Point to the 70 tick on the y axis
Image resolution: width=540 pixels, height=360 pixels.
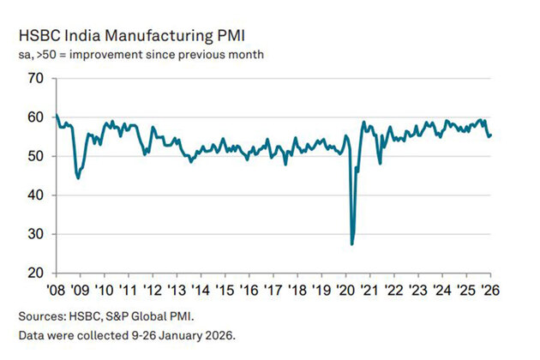point(34,78)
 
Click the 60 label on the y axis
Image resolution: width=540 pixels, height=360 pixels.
point(34,117)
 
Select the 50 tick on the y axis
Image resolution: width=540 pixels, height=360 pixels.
point(34,156)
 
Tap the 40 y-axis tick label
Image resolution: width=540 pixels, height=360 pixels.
point(34,195)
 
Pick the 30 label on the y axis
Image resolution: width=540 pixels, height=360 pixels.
point(34,234)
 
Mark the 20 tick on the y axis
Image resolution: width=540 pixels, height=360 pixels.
point(34,273)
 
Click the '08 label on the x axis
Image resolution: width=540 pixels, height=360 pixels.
point(55,289)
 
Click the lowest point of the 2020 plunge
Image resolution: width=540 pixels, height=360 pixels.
point(352,244)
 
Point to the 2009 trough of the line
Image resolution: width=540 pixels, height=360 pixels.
point(79,178)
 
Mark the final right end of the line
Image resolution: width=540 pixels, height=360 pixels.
point(491,135)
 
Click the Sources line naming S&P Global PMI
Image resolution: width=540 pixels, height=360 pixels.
point(99,314)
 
